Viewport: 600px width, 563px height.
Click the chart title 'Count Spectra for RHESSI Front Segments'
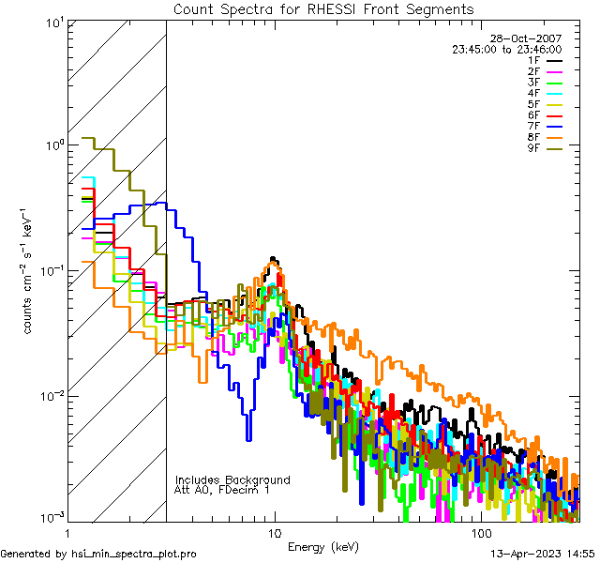[323, 8]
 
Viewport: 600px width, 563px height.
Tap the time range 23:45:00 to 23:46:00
[506, 49]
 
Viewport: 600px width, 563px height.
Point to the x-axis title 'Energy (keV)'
[322, 546]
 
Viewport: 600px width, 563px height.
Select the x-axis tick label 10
[274, 532]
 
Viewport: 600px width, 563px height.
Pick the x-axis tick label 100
[479, 532]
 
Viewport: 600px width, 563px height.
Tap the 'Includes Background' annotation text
[232, 479]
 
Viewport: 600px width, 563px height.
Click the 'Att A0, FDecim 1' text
[222, 490]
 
